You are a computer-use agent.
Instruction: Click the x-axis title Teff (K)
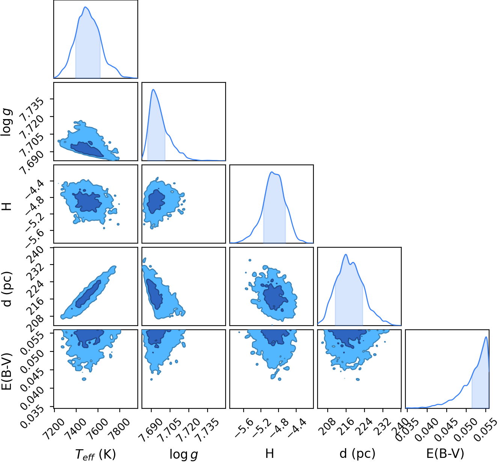(95, 454)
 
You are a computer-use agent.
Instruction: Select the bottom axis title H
(270, 453)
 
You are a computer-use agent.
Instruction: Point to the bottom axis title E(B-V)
(445, 454)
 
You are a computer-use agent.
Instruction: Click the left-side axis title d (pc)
(7, 289)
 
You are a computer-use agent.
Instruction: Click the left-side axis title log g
(7, 122)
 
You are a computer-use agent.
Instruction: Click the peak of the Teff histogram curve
(85, 7)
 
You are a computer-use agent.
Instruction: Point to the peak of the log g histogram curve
(153, 90)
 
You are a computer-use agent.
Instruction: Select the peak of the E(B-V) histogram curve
(486, 337)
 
